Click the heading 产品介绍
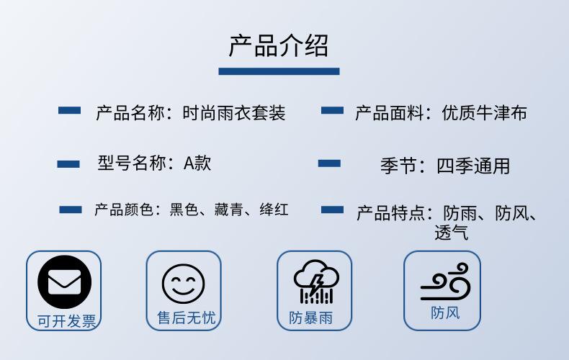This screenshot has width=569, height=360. [279, 46]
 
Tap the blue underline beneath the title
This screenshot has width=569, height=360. [279, 71]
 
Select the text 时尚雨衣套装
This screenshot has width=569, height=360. [234, 113]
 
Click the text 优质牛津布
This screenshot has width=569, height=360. [485, 113]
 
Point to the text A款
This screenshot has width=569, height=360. [197, 163]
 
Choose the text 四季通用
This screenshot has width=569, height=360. [473, 166]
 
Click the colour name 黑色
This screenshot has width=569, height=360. [184, 210]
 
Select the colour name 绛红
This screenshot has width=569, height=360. [274, 210]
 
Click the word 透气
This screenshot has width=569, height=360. [452, 233]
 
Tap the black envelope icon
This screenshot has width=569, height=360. [65, 282]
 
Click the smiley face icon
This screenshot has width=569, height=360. [183, 284]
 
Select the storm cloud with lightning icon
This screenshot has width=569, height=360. [316, 282]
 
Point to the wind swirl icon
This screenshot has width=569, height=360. [445, 282]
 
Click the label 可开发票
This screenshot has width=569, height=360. [67, 321]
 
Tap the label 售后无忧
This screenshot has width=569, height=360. [187, 318]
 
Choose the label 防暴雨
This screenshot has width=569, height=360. [311, 318]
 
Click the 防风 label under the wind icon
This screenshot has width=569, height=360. [445, 312]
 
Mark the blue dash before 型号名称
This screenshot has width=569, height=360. [68, 164]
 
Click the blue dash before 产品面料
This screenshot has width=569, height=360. [332, 110]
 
